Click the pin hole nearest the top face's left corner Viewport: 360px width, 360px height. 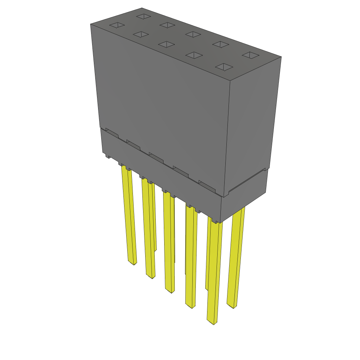click(117, 25)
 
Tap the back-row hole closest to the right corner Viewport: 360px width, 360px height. click(251, 55)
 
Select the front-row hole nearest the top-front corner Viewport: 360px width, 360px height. click(224, 67)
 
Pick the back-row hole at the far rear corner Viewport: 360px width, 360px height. click(143, 16)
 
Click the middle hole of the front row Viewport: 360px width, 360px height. click(166, 44)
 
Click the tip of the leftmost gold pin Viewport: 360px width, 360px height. click(133, 263)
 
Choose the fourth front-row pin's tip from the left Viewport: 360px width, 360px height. click(190, 306)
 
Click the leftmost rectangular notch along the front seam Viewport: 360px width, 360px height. click(112, 133)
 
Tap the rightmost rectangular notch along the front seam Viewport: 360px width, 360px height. click(207, 186)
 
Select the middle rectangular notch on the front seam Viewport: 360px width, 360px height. click(156, 157)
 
